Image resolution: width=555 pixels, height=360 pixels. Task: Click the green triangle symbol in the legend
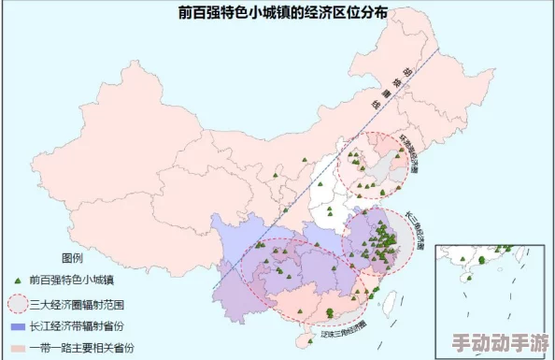18,280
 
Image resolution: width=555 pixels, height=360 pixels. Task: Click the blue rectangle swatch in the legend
18,326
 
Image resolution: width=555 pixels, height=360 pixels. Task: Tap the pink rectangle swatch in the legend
18,348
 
